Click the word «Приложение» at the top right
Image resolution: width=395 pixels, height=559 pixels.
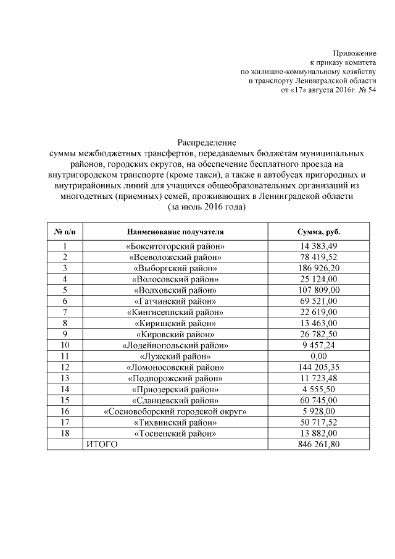click(354, 53)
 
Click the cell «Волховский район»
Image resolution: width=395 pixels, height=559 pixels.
click(175, 290)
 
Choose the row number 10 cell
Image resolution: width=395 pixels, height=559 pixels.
click(65, 346)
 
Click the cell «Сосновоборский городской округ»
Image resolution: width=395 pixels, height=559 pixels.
click(175, 412)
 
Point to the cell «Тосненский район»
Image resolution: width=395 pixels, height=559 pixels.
click(175, 434)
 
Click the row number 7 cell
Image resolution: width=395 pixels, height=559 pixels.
click(65, 313)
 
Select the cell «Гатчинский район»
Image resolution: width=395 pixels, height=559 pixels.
click(175, 301)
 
